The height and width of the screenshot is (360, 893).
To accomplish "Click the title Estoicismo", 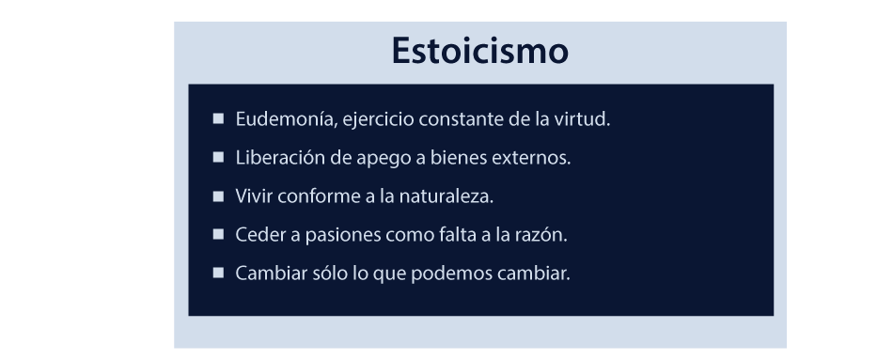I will pyautogui.click(x=479, y=51).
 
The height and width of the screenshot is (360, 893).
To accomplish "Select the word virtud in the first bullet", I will pyautogui.click(x=584, y=120).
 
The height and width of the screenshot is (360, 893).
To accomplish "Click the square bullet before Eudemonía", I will pyautogui.click(x=218, y=119).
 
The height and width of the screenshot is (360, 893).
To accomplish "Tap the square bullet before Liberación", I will pyautogui.click(x=218, y=158).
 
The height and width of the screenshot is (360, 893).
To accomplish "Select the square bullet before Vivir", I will pyautogui.click(x=218, y=196).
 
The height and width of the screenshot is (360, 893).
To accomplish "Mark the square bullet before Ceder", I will pyautogui.click(x=218, y=235).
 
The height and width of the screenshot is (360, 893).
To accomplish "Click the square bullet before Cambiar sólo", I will pyautogui.click(x=218, y=274).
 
